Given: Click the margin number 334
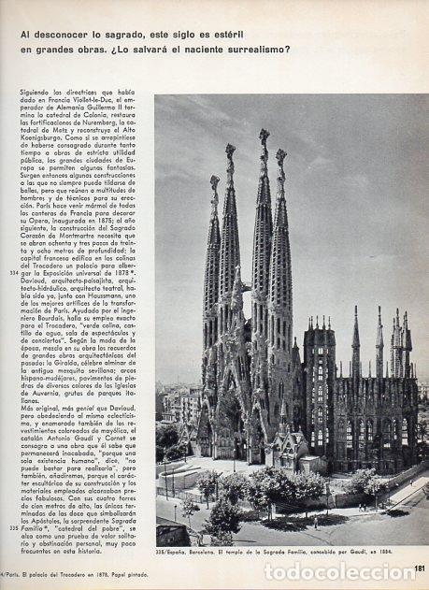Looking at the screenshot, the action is (x=11, y=272).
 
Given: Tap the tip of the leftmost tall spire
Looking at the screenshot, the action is (x=214, y=178).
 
